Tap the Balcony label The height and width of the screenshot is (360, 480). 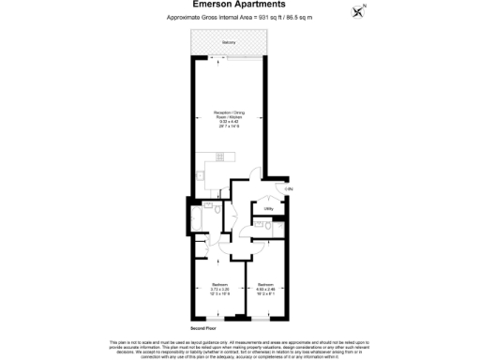pos(230,43)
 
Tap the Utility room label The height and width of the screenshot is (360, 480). pos(268,208)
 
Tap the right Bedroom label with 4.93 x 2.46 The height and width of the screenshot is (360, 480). pos(266,285)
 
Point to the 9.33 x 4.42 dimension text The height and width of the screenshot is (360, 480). pos(229,124)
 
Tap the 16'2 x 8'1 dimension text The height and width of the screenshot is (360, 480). pos(266,293)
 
